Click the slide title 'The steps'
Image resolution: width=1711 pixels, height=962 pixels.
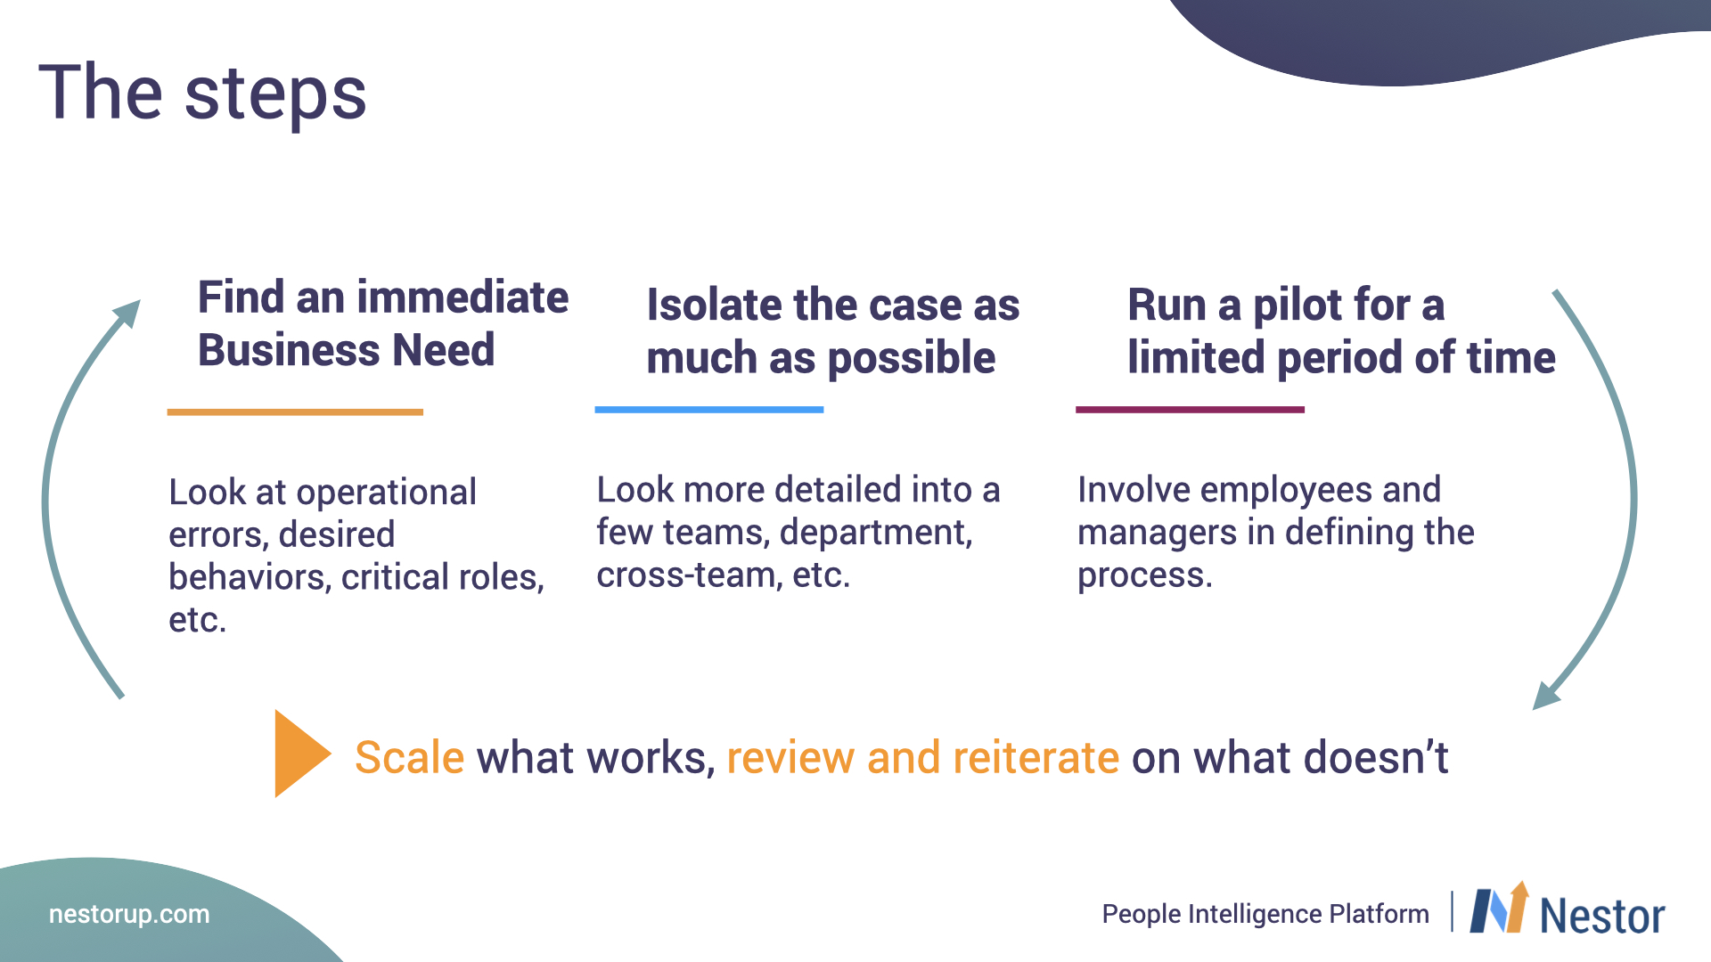202,94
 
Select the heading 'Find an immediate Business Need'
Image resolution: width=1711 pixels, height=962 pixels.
383,322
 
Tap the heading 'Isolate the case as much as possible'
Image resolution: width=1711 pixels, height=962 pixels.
833,331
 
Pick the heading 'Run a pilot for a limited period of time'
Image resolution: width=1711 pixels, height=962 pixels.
1341,331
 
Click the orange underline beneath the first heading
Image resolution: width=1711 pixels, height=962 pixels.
295,412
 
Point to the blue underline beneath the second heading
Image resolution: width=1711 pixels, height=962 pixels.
709,410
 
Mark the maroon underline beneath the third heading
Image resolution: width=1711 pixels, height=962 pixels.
1190,410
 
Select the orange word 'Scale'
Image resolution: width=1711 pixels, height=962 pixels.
410,757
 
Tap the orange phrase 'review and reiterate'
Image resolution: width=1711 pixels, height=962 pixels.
923,757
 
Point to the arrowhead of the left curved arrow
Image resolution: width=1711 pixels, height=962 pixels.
127,314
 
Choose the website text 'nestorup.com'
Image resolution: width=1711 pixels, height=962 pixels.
129,914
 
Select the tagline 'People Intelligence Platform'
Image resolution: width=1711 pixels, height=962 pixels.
1265,914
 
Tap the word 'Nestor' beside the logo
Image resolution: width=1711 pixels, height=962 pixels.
1602,916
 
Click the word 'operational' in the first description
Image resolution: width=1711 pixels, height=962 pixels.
387,493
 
